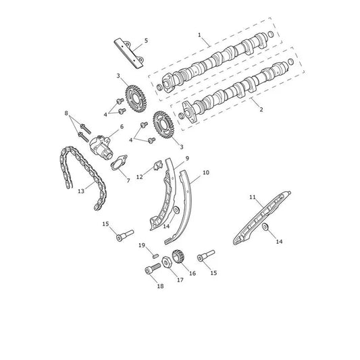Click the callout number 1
click(199, 35)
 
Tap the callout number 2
click(261, 109)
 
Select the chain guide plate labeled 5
click(128, 53)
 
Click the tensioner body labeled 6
click(101, 149)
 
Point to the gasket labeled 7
click(119, 163)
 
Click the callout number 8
click(66, 113)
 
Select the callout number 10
click(206, 172)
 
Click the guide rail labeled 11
click(262, 217)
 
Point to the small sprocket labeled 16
click(179, 257)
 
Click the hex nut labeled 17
click(167, 262)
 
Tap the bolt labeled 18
click(153, 269)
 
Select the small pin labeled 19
click(155, 255)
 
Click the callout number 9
click(187, 158)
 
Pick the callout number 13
click(81, 191)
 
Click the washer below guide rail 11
click(265, 227)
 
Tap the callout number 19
click(142, 245)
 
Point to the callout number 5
click(147, 41)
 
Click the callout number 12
click(140, 177)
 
